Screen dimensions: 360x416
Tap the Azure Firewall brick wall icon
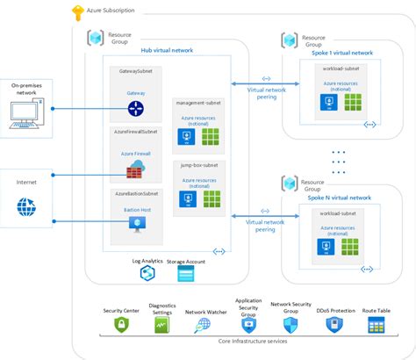pyautogui.click(x=136, y=169)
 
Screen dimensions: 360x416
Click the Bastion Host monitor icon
pyautogui.click(x=136, y=226)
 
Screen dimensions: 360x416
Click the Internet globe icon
pyautogui.click(x=26, y=208)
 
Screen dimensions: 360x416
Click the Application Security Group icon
pyautogui.click(x=248, y=324)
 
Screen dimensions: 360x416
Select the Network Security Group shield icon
pyautogui.click(x=290, y=324)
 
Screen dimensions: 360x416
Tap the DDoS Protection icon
pyautogui.click(x=334, y=325)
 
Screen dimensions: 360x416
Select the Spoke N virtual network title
pyautogui.click(x=344, y=198)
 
